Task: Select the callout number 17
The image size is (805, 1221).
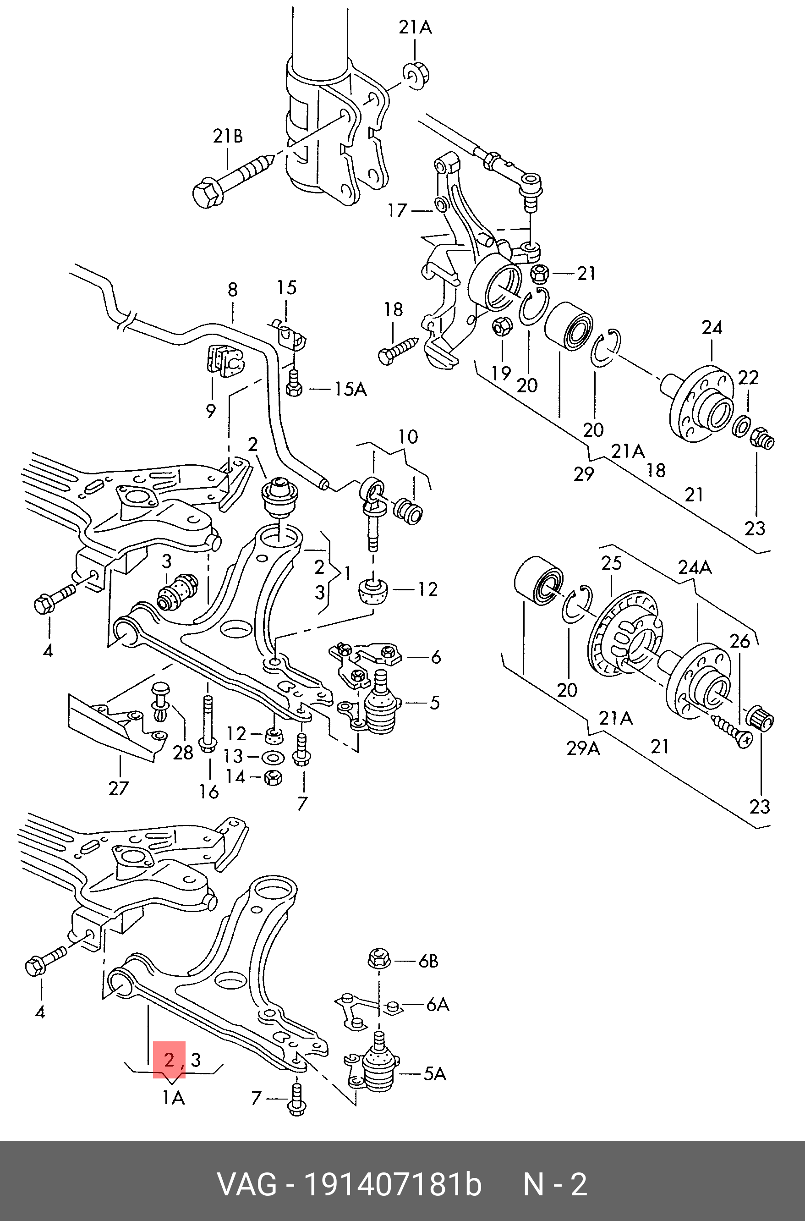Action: point(397,210)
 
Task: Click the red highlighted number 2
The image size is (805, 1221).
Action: point(169,1059)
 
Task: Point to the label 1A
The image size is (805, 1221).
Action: point(174,1098)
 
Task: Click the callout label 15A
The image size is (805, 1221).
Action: point(350,390)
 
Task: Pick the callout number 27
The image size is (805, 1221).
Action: point(118,787)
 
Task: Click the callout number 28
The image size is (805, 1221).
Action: point(183,753)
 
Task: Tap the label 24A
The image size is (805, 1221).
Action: point(695,568)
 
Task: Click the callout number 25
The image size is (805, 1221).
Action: point(612,563)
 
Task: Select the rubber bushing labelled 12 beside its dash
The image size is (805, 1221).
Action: point(374,592)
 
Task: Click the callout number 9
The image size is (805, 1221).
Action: point(210,411)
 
